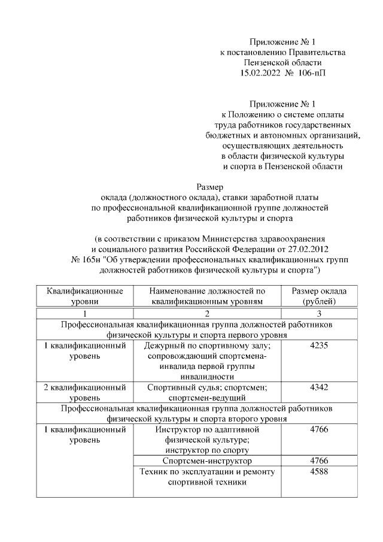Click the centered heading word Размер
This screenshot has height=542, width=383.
[x=209, y=186]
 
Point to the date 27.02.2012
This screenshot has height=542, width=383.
[x=306, y=248]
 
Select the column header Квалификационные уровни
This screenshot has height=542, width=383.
[x=85, y=296]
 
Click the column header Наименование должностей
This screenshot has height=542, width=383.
[x=207, y=296]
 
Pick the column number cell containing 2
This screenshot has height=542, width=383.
[x=207, y=313]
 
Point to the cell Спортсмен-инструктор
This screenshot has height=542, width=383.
[x=207, y=461]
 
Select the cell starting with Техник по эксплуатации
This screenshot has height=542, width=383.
[x=207, y=477]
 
